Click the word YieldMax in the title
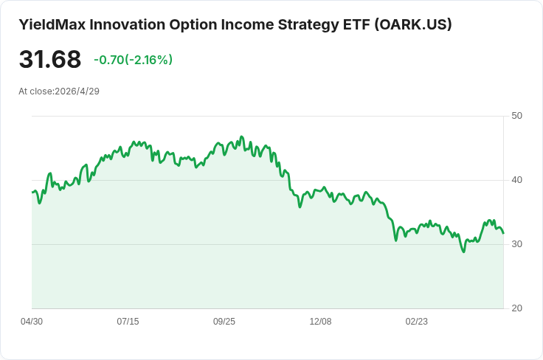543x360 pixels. coord(52,25)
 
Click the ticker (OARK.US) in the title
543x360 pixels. coord(413,25)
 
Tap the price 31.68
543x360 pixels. coord(50,59)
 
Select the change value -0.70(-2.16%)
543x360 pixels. coord(134,60)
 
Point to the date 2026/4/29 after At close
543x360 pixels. coord(77,91)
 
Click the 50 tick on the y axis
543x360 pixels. coord(516,116)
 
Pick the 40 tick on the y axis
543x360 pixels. coord(516,180)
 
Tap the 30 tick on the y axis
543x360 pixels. coord(516,244)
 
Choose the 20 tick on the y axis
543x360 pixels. coord(516,308)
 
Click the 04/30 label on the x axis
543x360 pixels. coord(32,322)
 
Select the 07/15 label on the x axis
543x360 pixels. coord(128,322)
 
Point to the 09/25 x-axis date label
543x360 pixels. coord(224,322)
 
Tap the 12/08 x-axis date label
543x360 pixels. coord(320,322)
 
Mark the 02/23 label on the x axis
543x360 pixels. coord(417,322)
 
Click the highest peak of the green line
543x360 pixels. coord(242,136)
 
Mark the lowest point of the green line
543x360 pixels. coord(464,252)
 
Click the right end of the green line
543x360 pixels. coord(503,233)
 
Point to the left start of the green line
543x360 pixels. coord(32,192)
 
